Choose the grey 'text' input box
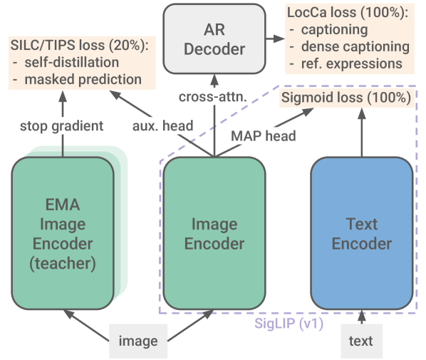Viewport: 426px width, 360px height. pyautogui.click(x=360, y=341)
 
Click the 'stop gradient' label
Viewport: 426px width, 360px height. pyautogui.click(x=63, y=126)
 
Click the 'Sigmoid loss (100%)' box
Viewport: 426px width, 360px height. pyautogui.click(x=346, y=98)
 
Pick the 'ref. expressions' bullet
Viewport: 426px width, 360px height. pyautogui.click(x=350, y=63)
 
